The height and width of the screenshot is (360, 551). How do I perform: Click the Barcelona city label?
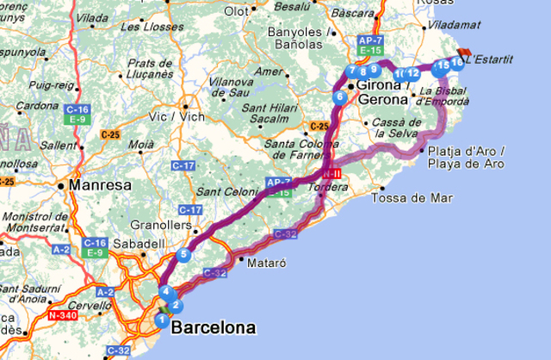point(214,328)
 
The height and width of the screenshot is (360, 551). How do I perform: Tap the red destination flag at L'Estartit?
point(467,54)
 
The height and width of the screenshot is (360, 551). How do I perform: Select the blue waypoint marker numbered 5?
point(183,254)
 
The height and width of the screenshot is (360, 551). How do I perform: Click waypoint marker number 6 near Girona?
point(341,97)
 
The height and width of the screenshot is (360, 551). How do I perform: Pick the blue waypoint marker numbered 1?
point(161,320)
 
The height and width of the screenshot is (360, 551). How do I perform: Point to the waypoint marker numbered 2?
point(175,305)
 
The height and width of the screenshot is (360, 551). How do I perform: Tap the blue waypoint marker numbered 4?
point(164,291)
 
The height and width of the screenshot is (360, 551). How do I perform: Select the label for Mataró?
point(266,260)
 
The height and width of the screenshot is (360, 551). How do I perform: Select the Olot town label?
point(235,11)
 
